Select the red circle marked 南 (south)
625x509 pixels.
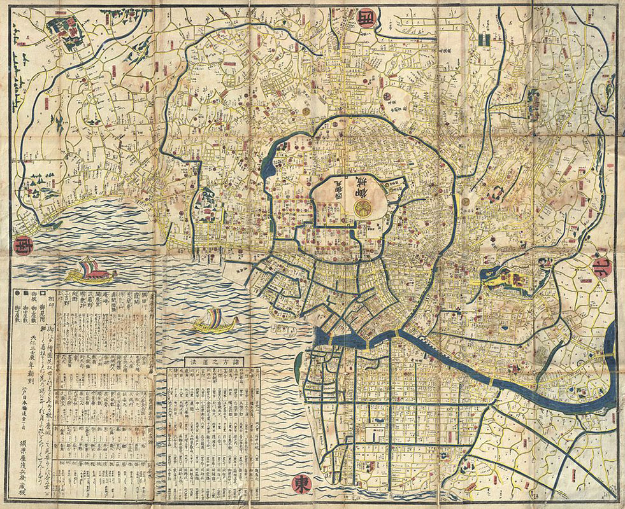point(21,244)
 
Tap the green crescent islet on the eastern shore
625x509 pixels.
point(298,366)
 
